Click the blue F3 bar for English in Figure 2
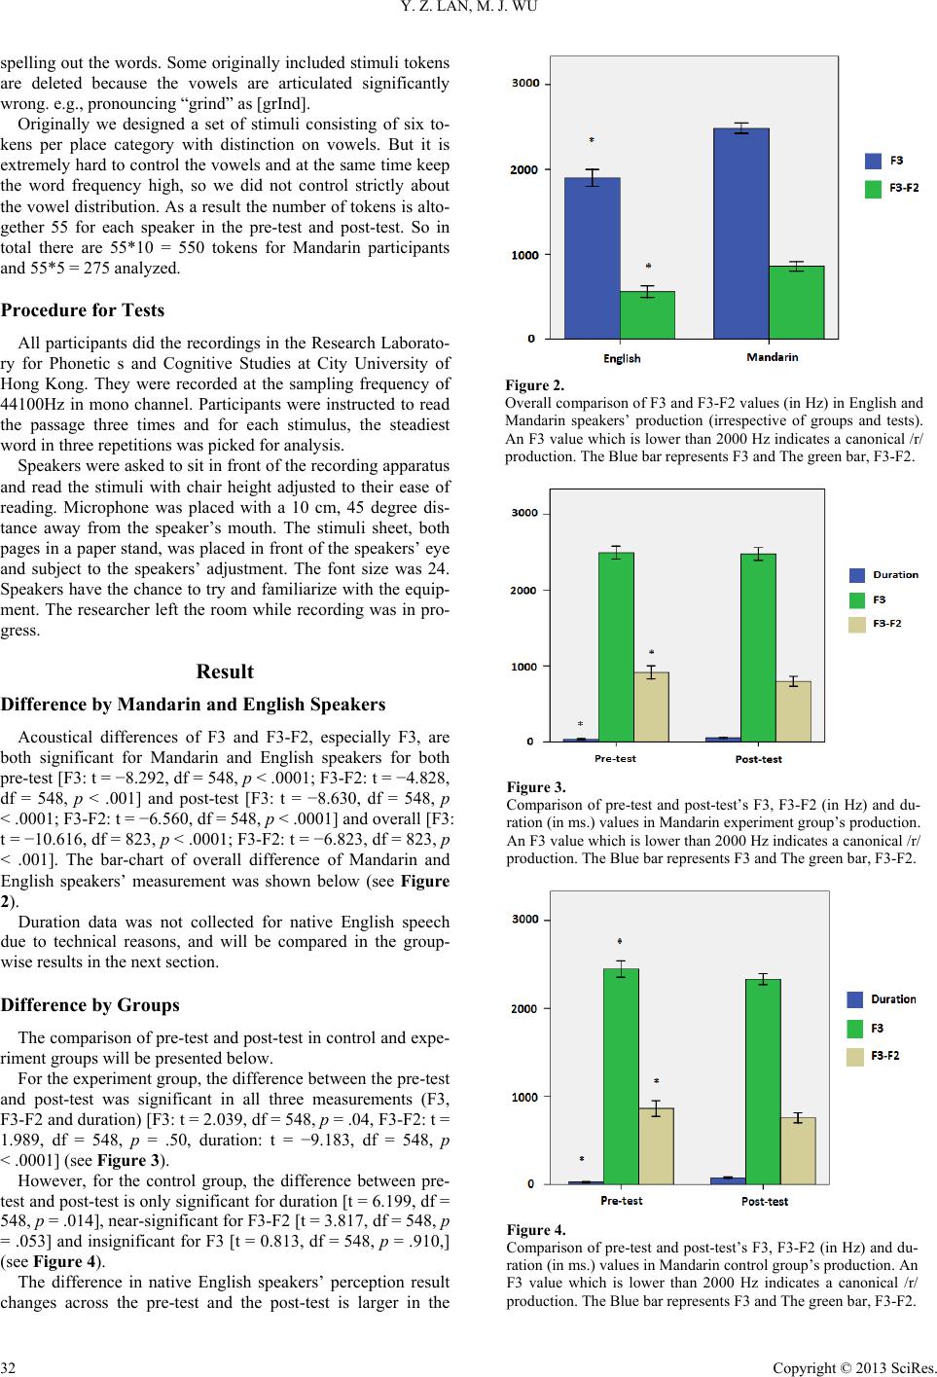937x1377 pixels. tap(593, 258)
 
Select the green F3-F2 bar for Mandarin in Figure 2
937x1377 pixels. tap(796, 303)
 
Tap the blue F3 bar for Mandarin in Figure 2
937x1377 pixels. tap(741, 234)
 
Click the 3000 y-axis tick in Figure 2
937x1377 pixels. tap(526, 84)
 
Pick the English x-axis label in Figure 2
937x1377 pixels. tap(622, 358)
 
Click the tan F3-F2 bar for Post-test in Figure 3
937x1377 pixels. tap(794, 711)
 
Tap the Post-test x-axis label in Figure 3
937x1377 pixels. tap(758, 759)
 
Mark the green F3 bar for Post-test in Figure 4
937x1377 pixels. tap(763, 1081)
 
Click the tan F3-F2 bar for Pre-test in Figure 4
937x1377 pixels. tap(656, 1145)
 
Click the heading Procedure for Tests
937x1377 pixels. tap(83, 310)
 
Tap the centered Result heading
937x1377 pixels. tap(225, 671)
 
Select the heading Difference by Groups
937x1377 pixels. tap(90, 1004)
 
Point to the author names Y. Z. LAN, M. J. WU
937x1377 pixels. tap(468, 9)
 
